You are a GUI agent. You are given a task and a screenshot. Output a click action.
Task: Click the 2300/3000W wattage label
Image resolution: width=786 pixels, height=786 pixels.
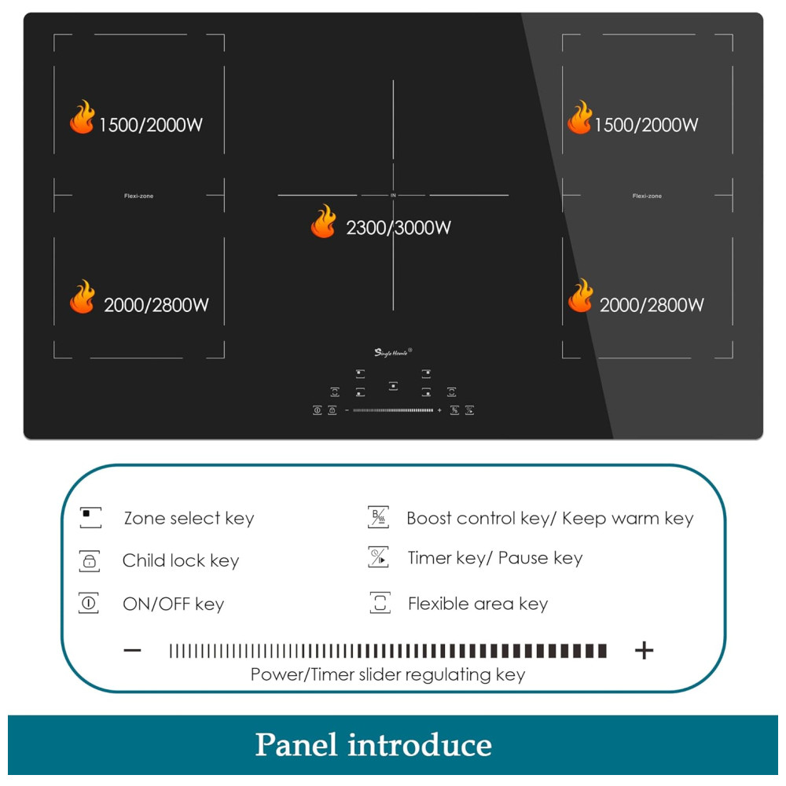pyautogui.click(x=399, y=228)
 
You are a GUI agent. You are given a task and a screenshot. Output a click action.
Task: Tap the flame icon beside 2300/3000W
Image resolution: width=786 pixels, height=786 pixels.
pyautogui.click(x=323, y=222)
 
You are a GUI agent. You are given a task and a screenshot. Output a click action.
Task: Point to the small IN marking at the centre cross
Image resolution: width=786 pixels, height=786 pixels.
pyautogui.click(x=393, y=195)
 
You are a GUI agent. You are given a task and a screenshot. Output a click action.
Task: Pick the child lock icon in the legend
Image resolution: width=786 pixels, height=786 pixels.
pyautogui.click(x=90, y=561)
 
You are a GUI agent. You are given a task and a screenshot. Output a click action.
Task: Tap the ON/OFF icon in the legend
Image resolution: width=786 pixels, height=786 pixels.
pyautogui.click(x=89, y=604)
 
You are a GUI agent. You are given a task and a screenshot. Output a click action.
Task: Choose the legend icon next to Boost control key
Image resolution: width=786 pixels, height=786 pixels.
pyautogui.click(x=379, y=517)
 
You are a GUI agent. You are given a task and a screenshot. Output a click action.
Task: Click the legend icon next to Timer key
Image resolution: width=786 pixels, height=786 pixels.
pyautogui.click(x=379, y=558)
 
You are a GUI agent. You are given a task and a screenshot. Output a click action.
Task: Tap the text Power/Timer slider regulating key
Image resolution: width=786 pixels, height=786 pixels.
pyautogui.click(x=387, y=674)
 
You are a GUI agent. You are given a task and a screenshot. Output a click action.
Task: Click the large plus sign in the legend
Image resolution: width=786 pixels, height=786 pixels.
pyautogui.click(x=644, y=650)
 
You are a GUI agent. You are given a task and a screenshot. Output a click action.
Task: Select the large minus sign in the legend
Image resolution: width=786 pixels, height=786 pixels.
pyautogui.click(x=133, y=650)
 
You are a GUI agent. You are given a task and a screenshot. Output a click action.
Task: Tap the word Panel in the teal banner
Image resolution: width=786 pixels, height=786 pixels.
pyautogui.click(x=296, y=744)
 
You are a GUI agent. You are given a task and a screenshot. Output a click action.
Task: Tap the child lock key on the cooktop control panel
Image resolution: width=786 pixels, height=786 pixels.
pyautogui.click(x=332, y=410)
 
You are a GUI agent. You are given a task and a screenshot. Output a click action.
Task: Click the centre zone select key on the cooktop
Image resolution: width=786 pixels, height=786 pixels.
pyautogui.click(x=393, y=386)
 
